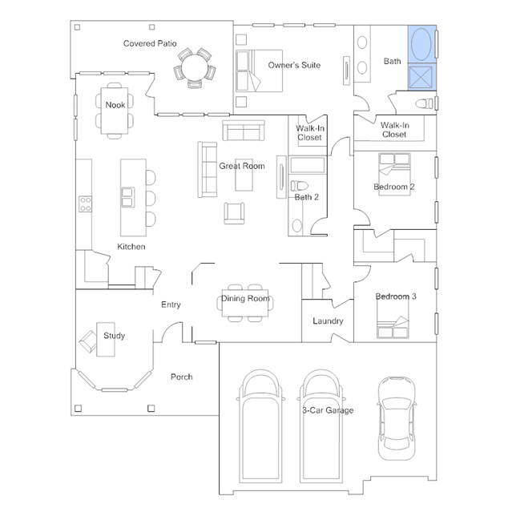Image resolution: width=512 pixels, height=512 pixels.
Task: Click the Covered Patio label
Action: point(150,43)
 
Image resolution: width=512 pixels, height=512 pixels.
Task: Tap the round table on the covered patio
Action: point(195,67)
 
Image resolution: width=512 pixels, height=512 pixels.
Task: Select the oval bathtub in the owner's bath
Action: point(421,44)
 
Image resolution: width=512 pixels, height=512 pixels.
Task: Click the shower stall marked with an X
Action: point(421,77)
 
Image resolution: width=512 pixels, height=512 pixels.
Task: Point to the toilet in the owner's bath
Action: point(424,104)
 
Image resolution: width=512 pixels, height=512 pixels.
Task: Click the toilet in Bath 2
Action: point(300,186)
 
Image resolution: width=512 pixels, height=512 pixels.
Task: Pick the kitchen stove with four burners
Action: point(85,204)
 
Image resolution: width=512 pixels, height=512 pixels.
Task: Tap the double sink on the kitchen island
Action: point(127,197)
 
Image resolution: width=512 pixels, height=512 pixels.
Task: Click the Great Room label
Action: point(242,166)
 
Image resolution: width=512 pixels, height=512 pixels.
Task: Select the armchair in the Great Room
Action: point(234,213)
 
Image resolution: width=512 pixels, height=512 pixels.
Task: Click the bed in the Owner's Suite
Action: point(260,71)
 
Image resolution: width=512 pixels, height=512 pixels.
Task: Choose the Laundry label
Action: point(328,321)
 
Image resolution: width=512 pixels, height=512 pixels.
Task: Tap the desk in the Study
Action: point(106,340)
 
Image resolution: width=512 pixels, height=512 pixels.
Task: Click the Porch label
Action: point(182,377)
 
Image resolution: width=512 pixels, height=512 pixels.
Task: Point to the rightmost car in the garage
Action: point(397,418)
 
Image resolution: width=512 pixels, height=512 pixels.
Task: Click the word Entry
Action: point(171,304)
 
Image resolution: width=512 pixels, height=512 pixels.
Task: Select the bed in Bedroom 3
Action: point(393,319)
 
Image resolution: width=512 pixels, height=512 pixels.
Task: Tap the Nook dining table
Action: point(115,111)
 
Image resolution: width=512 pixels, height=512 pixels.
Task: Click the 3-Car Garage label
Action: point(328,410)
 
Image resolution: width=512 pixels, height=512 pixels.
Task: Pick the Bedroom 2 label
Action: point(394,187)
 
